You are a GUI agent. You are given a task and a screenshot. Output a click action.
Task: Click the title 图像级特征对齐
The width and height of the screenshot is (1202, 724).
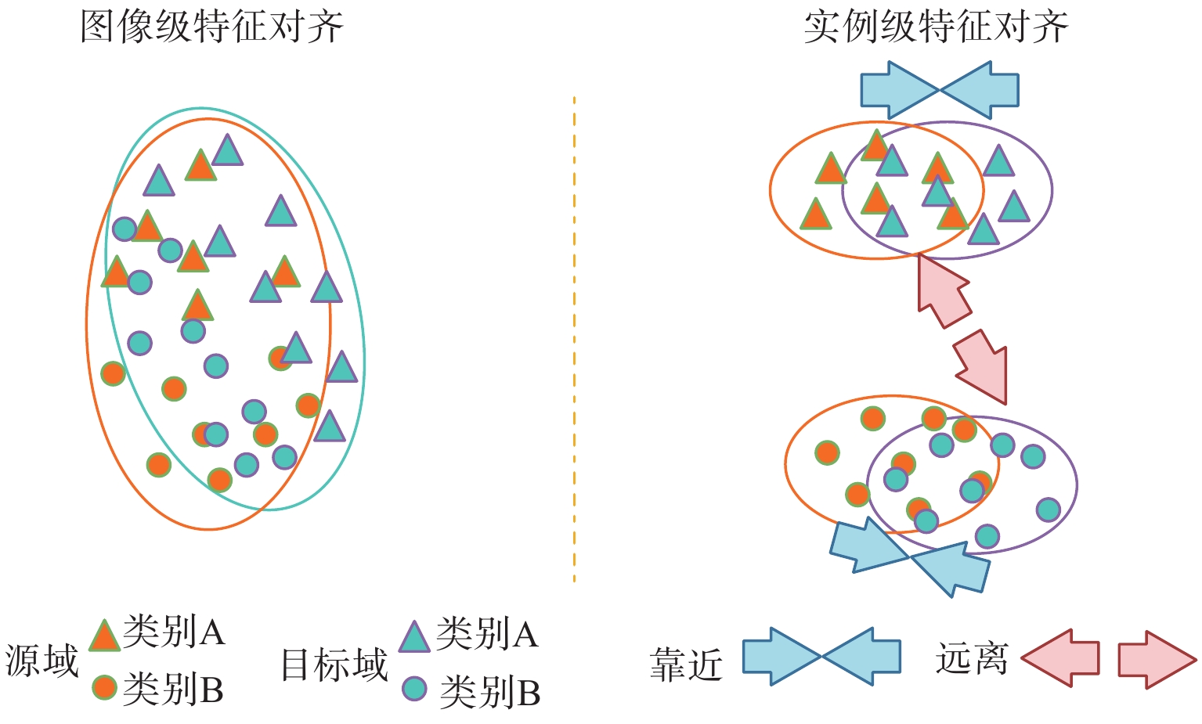[x=211, y=27]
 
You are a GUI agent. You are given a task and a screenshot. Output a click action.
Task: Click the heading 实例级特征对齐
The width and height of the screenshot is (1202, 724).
[x=936, y=27]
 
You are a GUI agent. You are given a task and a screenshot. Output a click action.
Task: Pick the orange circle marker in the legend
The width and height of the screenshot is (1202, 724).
[x=104, y=687]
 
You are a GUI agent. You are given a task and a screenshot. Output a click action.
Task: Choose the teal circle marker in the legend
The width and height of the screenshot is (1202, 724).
[x=414, y=689]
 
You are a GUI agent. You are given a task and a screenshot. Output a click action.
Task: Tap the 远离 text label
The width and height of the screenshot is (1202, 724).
[x=971, y=659]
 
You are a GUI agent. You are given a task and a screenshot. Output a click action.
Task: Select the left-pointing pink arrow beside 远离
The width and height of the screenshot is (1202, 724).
[x=1060, y=658]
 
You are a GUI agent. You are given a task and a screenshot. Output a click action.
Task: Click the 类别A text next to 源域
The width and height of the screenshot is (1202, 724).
[x=174, y=631]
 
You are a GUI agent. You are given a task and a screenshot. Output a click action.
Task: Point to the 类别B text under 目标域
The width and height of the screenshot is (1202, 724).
[x=490, y=692]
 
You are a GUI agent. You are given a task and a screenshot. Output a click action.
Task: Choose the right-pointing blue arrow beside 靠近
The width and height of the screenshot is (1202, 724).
[x=780, y=657]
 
